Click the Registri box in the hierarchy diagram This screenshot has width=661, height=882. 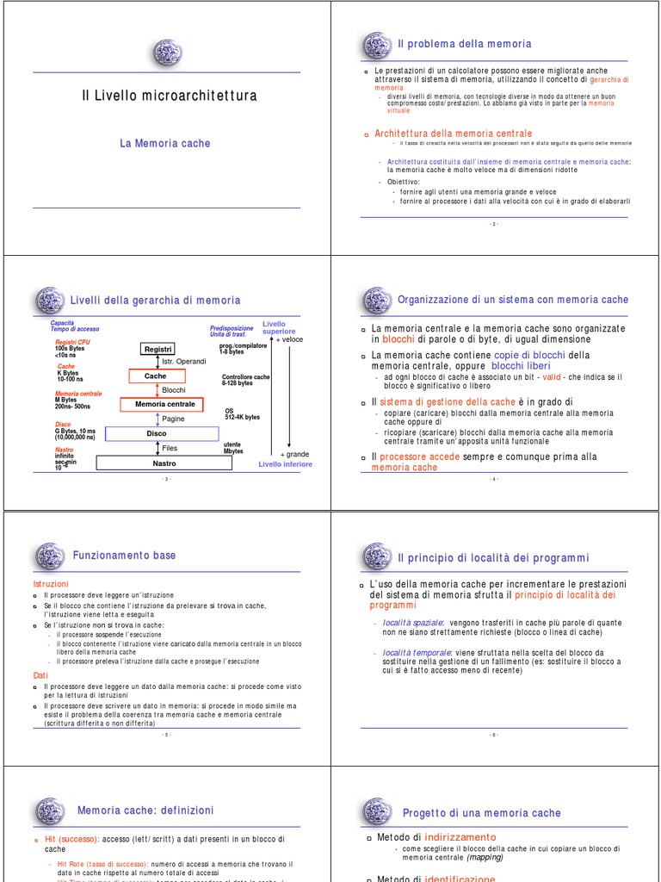tap(158, 349)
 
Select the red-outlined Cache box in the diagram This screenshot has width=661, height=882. tap(155, 376)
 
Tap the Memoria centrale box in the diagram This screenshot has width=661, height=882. tap(164, 404)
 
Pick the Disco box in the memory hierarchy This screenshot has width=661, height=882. tap(156, 433)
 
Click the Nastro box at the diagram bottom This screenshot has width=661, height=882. tap(164, 463)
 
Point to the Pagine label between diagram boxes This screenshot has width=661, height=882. tap(173, 419)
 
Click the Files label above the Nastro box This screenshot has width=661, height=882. tap(170, 448)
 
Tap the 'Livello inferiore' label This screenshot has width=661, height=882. tap(286, 464)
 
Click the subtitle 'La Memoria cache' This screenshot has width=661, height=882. tap(164, 144)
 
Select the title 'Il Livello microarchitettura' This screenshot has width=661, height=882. tap(169, 96)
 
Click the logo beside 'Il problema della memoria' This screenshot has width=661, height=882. tap(376, 45)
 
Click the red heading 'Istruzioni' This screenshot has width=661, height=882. tap(50, 584)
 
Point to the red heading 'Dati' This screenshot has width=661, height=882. tap(40, 676)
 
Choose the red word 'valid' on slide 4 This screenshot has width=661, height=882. tap(552, 377)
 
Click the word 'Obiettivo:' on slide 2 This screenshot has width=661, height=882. tap(404, 182)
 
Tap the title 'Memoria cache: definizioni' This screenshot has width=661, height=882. tap(145, 811)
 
